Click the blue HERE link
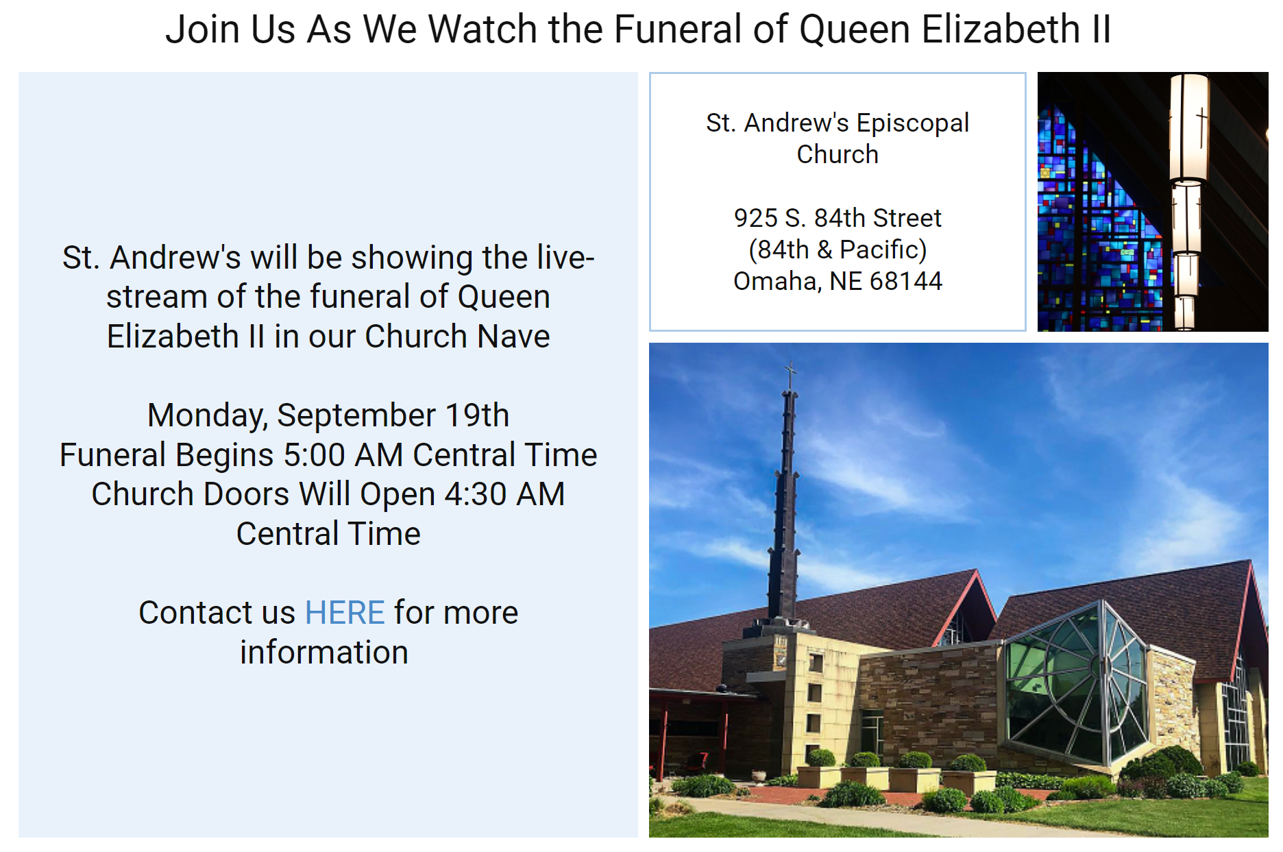tap(345, 612)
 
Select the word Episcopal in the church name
tap(912, 123)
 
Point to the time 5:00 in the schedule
tap(314, 455)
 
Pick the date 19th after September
tap(477, 415)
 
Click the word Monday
tap(207, 415)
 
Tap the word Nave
tap(513, 337)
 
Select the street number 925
tap(755, 218)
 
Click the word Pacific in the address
tap(883, 249)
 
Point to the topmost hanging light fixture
tap(1188, 127)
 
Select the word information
tap(323, 652)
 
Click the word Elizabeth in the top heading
tap(1001, 29)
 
